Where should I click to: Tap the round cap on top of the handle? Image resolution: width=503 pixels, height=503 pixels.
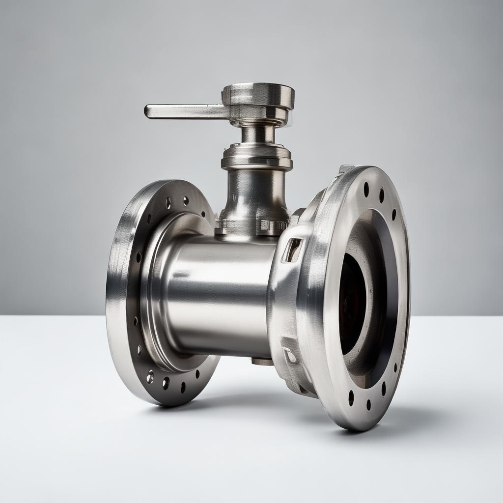pos(258,94)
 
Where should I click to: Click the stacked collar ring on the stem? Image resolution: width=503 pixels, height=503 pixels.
pos(256,156)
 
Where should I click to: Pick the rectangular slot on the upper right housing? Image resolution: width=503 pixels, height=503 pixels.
pos(293,249)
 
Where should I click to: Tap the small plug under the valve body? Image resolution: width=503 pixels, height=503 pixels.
pos(262,362)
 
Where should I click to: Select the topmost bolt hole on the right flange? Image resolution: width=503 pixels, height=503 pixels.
pos(366,189)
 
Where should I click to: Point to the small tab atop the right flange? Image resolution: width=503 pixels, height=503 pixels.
pos(346,168)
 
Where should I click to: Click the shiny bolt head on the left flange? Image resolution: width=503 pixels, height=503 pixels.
pos(150,377)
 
